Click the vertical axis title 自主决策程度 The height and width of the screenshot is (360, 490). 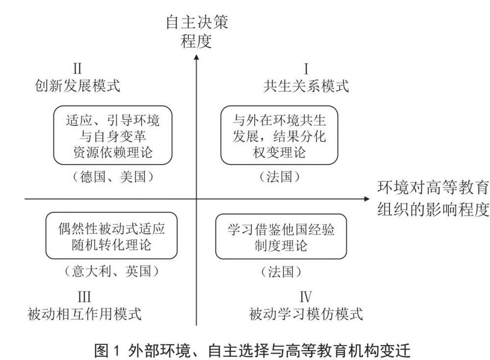coord(196,32)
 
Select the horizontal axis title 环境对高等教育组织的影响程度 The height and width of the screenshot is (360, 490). coord(433,199)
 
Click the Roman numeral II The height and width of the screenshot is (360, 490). coord(77,69)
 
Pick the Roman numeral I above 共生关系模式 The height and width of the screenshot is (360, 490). coord(306,69)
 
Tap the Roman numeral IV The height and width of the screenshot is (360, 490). coord(306,297)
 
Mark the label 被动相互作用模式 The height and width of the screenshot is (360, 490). coord(84,313)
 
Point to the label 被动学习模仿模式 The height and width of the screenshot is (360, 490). coord(306,313)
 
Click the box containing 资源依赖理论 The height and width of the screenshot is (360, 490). coord(113,135)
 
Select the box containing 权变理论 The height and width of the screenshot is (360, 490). coord(279,135)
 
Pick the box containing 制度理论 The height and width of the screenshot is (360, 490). coord(281,237)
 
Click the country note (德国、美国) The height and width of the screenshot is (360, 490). coord(113,176)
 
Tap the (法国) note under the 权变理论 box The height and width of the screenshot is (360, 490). coord(279,176)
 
